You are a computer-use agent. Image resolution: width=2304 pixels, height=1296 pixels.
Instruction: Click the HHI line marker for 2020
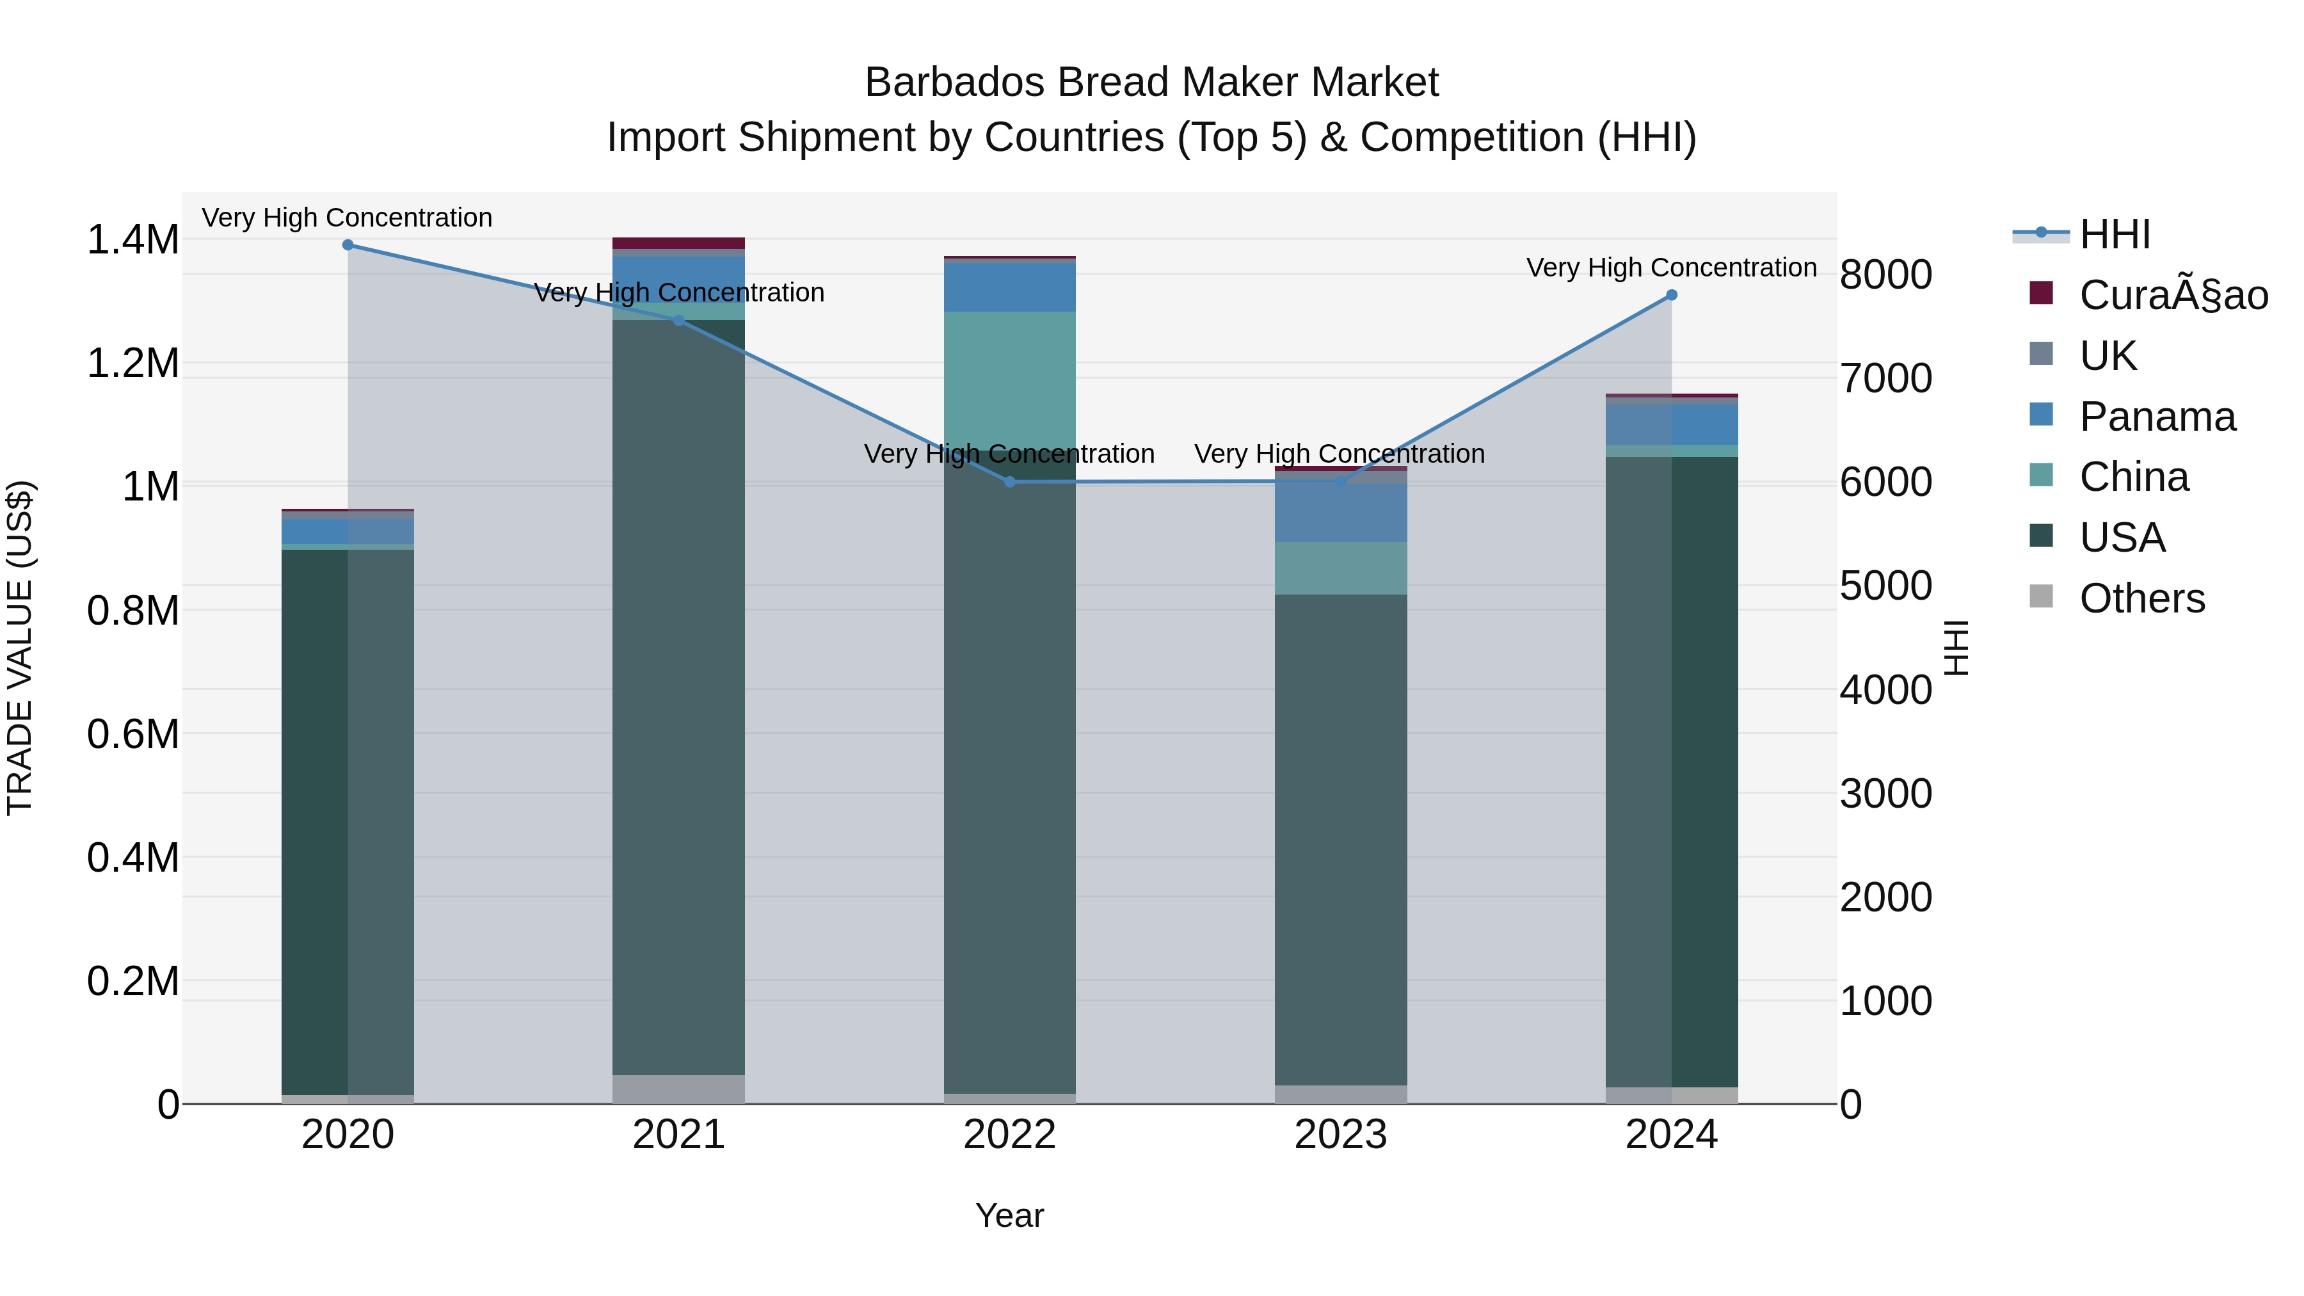click(348, 245)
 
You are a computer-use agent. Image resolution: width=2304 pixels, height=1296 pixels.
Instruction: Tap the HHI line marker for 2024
click(1672, 295)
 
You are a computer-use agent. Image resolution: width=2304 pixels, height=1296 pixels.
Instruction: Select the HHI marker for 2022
click(1010, 482)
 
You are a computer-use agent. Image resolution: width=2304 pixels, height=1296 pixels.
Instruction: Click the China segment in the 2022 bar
click(1010, 380)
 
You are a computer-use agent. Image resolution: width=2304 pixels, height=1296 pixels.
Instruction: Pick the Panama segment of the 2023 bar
click(1341, 513)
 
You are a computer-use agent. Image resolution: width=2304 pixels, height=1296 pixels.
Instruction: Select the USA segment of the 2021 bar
click(679, 698)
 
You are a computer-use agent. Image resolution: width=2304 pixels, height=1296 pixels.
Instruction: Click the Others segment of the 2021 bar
click(679, 1089)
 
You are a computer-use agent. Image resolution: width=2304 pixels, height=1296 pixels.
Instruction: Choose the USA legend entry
click(2122, 538)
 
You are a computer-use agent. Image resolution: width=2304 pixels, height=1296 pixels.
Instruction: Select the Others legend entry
click(2141, 598)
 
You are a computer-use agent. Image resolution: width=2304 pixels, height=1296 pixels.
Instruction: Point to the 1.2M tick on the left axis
click(132, 364)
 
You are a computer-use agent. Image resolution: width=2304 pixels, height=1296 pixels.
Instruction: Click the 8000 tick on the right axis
click(1885, 275)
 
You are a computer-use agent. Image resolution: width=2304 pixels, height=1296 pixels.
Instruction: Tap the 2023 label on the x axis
click(1341, 1135)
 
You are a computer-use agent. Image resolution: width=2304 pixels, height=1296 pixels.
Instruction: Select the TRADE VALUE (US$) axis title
click(20, 648)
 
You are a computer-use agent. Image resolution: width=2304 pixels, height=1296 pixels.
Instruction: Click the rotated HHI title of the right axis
click(1956, 648)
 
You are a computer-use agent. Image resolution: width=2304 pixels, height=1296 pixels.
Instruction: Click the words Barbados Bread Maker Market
click(1151, 83)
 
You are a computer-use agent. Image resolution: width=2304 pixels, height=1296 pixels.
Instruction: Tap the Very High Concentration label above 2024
click(1672, 268)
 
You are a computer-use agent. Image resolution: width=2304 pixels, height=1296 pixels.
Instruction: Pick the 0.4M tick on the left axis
click(132, 858)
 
